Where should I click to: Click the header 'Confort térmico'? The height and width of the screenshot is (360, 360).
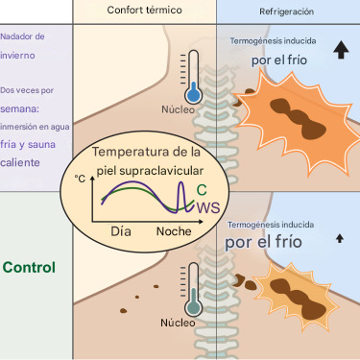point(144,11)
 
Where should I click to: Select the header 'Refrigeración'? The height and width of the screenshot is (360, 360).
point(286,12)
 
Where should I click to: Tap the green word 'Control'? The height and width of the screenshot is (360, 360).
point(29,267)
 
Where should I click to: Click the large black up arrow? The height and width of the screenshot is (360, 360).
point(341,51)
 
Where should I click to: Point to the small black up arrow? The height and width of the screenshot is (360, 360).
point(340,238)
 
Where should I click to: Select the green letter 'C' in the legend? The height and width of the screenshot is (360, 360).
point(202,190)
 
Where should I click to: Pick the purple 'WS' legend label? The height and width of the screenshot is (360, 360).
point(208,207)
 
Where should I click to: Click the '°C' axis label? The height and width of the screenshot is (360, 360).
point(80,179)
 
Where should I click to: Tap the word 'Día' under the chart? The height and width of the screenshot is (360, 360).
point(121,231)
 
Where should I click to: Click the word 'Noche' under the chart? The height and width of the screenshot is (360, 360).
point(174,231)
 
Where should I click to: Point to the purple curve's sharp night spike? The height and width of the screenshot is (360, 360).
point(181,182)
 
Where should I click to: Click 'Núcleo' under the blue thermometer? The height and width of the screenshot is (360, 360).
point(178,109)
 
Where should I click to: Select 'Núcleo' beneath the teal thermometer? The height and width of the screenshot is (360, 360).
point(178,323)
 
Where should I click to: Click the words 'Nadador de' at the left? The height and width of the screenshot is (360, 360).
point(22,36)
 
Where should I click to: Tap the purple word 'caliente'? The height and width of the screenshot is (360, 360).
point(20,162)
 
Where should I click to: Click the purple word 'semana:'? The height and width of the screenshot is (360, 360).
point(20,109)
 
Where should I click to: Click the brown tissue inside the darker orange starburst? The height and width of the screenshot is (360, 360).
point(298,118)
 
